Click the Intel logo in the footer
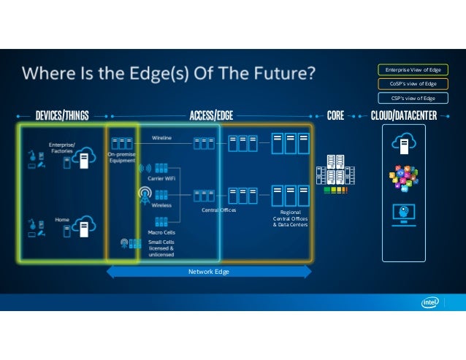[x=429, y=303]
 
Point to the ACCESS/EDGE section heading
[x=211, y=115]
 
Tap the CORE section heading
[x=335, y=115]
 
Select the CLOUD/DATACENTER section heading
[x=404, y=115]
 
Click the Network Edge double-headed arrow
[x=210, y=271]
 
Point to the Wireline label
[x=162, y=137]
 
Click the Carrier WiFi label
[x=161, y=177]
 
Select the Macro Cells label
[x=161, y=232]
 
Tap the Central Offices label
[x=218, y=210]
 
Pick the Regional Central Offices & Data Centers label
[x=290, y=218]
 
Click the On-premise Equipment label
[x=121, y=157]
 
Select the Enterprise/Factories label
[x=62, y=148]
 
